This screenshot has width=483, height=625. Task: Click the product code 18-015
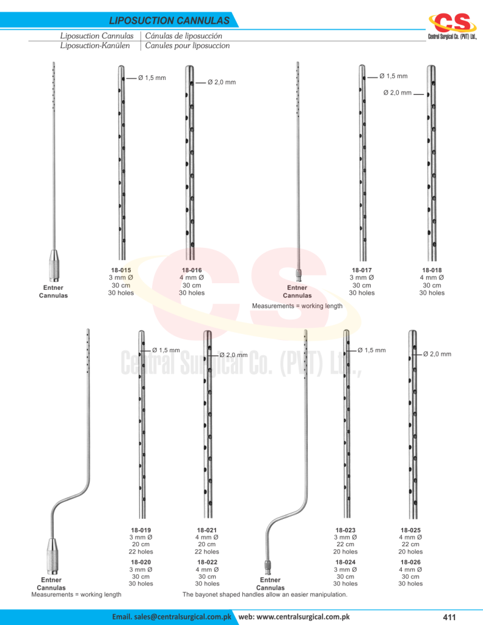click(x=121, y=270)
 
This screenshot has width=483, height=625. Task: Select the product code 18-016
click(x=192, y=270)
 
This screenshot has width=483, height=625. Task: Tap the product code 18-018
click(x=432, y=270)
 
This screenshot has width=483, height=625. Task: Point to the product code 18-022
click(x=207, y=562)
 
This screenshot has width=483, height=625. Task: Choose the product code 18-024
click(x=346, y=562)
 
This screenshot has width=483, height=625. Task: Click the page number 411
click(x=449, y=617)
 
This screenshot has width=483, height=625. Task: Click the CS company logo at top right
click(x=452, y=26)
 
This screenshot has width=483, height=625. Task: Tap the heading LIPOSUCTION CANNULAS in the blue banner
click(x=169, y=20)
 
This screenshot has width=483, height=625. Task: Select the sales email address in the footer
click(x=172, y=616)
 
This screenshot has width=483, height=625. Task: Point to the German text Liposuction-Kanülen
click(x=95, y=46)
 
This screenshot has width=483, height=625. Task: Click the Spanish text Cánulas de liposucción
click(x=183, y=36)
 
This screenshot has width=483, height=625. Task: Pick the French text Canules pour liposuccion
click(x=187, y=46)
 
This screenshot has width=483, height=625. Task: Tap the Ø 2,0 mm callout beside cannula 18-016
click(x=222, y=82)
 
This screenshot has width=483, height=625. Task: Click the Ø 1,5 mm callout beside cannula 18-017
click(x=393, y=76)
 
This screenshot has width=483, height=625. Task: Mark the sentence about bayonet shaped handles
click(x=265, y=594)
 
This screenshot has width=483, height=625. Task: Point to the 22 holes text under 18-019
click(x=141, y=552)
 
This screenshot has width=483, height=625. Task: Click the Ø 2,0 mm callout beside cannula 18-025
click(x=437, y=354)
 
